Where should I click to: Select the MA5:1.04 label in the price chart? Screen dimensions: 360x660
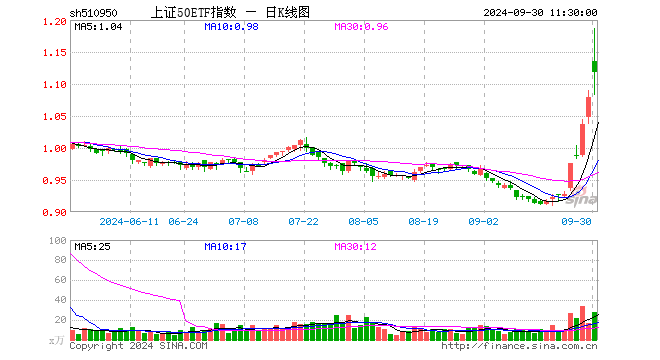click(x=97, y=27)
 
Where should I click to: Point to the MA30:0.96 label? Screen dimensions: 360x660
click(x=361, y=27)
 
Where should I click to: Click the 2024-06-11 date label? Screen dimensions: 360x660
click(x=131, y=221)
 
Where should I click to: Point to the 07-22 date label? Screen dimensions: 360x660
click(x=303, y=221)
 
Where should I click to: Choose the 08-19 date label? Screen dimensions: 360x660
click(x=423, y=221)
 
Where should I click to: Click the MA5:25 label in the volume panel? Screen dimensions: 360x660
click(x=92, y=245)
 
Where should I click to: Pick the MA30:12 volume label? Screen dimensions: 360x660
click(x=356, y=245)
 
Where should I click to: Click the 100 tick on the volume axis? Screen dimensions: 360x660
click(x=58, y=241)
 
